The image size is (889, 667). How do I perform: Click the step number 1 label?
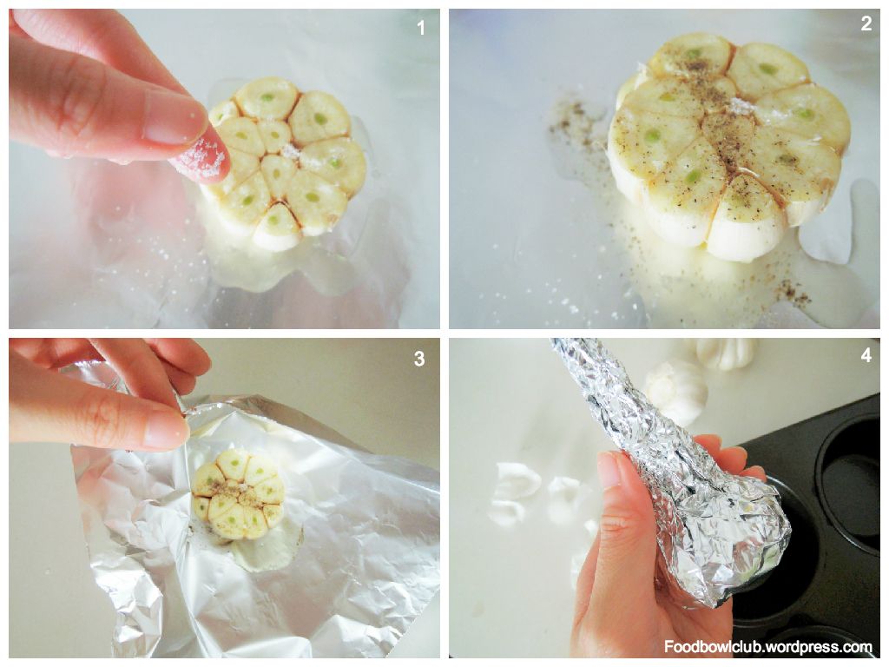421,27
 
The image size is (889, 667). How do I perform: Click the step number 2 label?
866,23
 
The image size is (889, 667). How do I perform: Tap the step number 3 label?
419,359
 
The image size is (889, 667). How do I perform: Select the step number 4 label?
866,355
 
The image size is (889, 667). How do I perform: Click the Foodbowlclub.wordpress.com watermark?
768,646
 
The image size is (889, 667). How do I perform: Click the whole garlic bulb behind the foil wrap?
675,392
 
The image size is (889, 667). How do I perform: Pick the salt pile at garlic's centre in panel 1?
289,151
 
